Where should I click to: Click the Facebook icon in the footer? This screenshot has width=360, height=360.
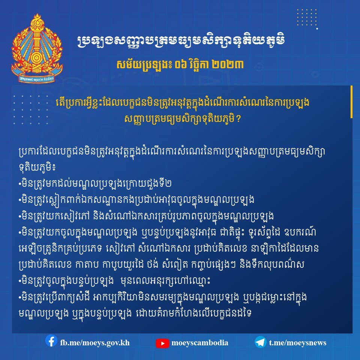(x=51, y=341)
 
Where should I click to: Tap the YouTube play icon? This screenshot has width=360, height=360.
(x=162, y=343)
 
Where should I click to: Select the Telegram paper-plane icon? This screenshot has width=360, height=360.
(x=261, y=342)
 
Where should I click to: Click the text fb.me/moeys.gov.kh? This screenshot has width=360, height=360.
(x=95, y=343)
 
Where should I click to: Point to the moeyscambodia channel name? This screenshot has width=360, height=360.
(x=200, y=343)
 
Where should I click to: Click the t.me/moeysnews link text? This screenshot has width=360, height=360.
(x=297, y=343)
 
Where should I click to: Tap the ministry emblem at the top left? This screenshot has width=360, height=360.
(x=37, y=48)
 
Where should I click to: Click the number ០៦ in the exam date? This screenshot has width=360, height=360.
(x=180, y=65)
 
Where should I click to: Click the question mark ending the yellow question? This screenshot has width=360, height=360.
(x=238, y=119)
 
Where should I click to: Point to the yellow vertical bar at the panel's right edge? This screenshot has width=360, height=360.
(x=351, y=102)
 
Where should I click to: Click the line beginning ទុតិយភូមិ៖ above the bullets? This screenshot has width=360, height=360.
(x=37, y=167)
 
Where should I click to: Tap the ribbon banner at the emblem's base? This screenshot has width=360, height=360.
(x=37, y=77)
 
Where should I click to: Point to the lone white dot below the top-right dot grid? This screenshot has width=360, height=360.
(x=317, y=29)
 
